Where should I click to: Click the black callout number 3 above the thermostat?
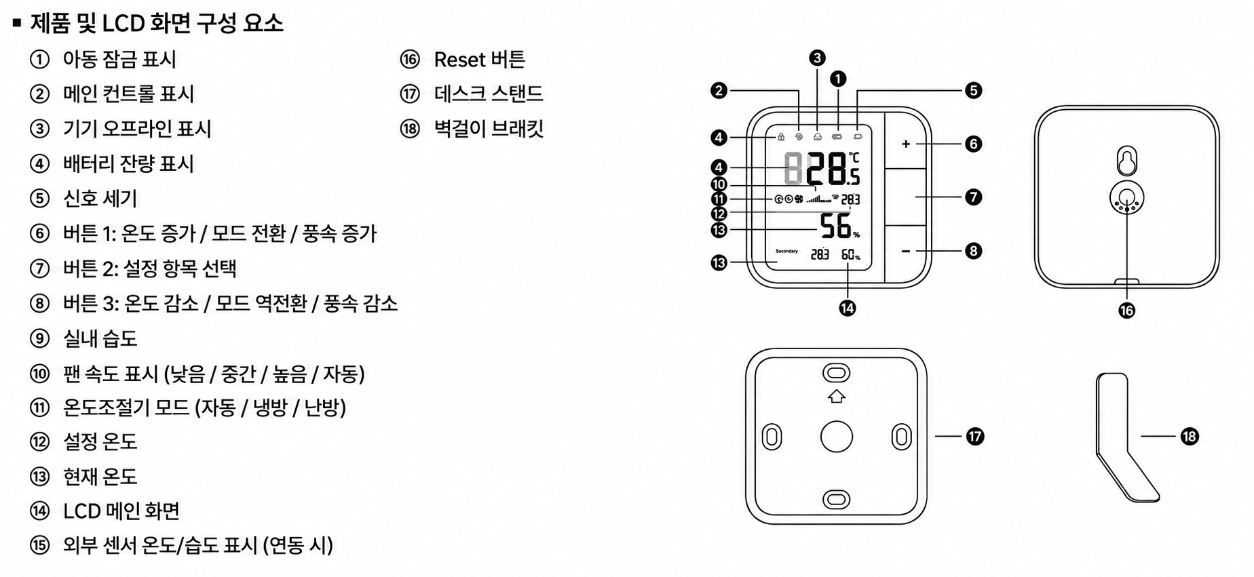[x=817, y=58]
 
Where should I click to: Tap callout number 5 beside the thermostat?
[x=973, y=90]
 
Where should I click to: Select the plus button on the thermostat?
[x=905, y=144]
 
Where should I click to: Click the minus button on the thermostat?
[x=905, y=252]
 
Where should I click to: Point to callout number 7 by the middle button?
[x=973, y=197]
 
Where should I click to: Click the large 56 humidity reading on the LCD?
[x=836, y=226]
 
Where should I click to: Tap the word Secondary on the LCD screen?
[x=786, y=252]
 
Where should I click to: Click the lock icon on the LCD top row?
[x=781, y=136]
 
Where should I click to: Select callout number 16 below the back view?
[x=1126, y=310]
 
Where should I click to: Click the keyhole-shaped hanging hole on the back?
[x=1126, y=161]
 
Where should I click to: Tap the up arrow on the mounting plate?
[x=836, y=396]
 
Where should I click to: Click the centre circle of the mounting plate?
[x=836, y=437]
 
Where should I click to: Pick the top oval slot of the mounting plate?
[x=836, y=373]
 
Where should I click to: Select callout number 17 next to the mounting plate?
[x=974, y=437]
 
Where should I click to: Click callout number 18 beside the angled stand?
[x=1189, y=437]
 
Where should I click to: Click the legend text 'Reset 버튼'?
[x=479, y=60]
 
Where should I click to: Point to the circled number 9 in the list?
[x=40, y=338]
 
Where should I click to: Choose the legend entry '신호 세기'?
[x=100, y=198]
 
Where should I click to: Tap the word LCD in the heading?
[x=123, y=24]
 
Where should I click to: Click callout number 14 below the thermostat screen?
[x=847, y=309]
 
